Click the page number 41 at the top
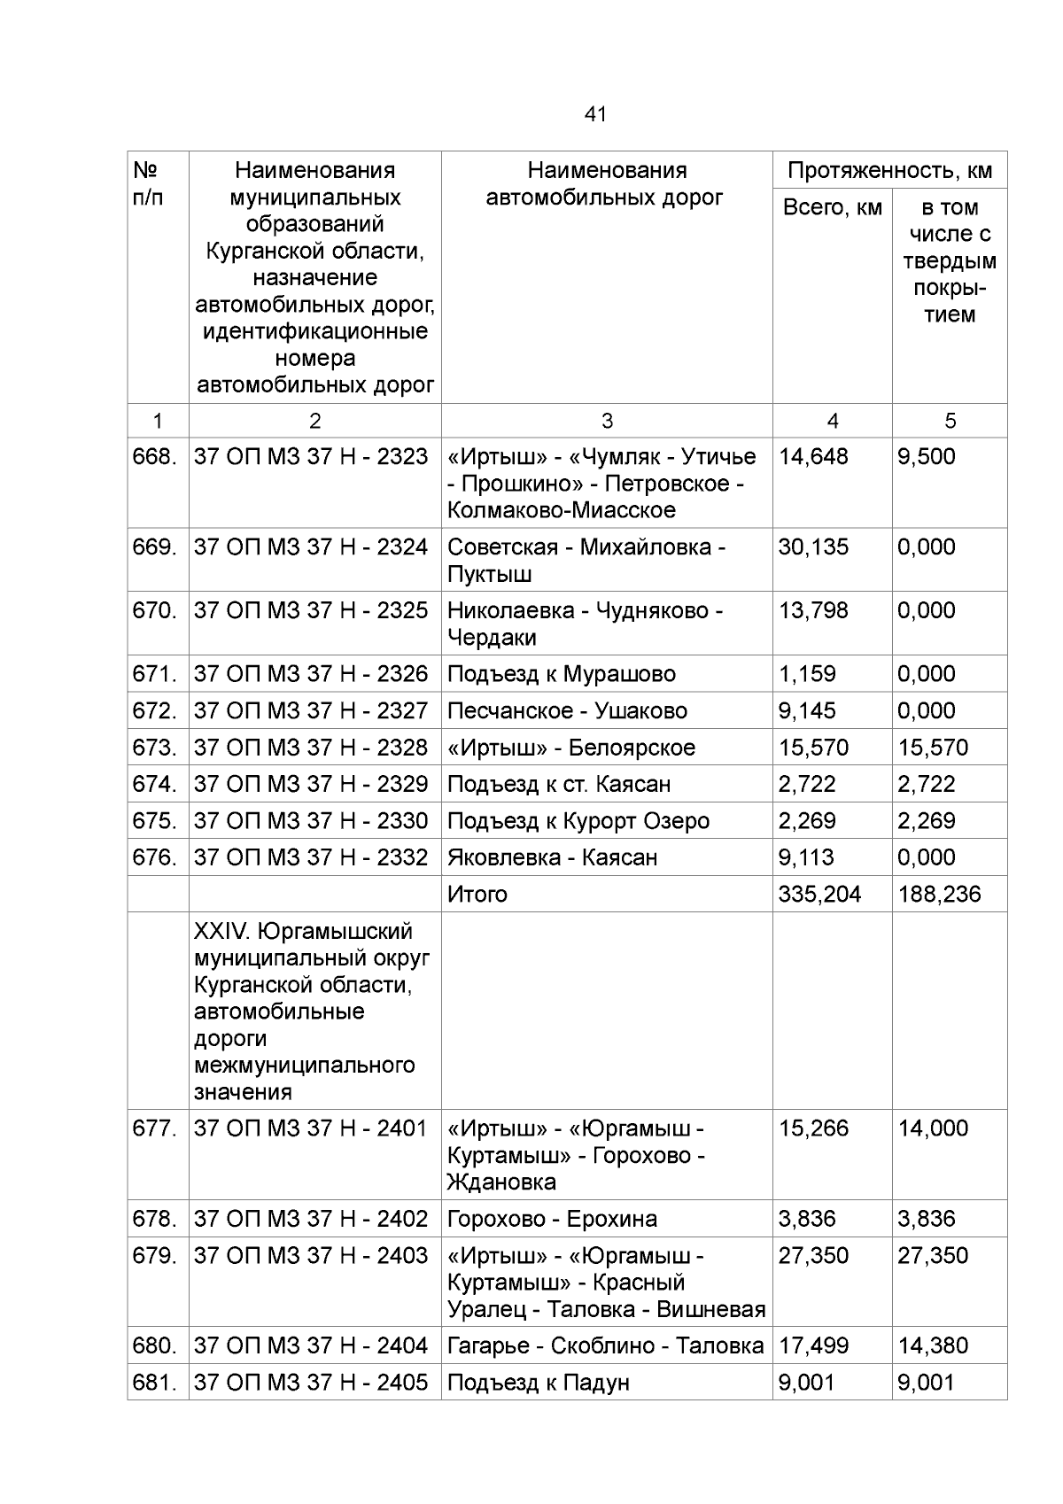coord(595,114)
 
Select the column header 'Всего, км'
coord(832,208)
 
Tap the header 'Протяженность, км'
coord(889,171)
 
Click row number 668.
coord(155,457)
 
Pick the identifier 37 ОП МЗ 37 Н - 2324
coord(311,547)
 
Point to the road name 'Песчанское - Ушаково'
coord(567,711)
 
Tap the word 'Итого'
coord(477,895)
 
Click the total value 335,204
coord(819,895)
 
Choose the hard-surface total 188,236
coord(939,895)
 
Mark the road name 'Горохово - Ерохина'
coord(552,1220)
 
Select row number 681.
coord(155,1383)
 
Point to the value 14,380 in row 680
coord(933,1346)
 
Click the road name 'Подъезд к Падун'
coord(538,1383)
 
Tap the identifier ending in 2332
coord(311,857)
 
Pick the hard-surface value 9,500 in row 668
coord(927,457)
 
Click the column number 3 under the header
coord(607,422)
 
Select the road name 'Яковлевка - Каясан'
coord(552,857)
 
